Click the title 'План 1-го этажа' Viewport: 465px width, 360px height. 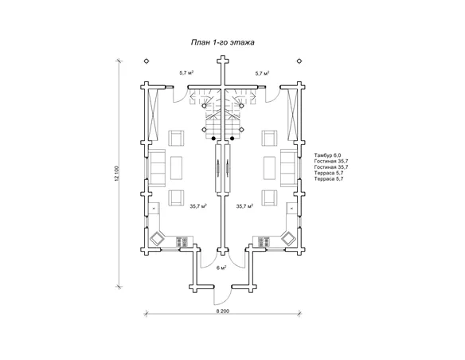pyautogui.click(x=222, y=42)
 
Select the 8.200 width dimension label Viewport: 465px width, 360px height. pyautogui.click(x=223, y=311)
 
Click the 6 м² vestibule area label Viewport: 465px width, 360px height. pyautogui.click(x=221, y=268)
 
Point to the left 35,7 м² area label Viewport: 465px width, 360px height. pyautogui.click(x=198, y=205)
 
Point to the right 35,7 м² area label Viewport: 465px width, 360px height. pyautogui.click(x=244, y=205)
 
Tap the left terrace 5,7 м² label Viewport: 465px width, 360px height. pyautogui.click(x=186, y=72)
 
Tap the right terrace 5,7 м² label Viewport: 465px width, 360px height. pyautogui.click(x=262, y=72)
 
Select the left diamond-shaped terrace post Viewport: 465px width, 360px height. pyautogui.click(x=147, y=61)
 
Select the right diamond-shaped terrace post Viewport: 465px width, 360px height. pyautogui.click(x=299, y=61)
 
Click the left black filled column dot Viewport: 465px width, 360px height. pyautogui.click(x=213, y=139)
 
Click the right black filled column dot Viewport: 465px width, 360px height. pyautogui.click(x=232, y=139)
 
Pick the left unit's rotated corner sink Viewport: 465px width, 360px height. pyautogui.click(x=157, y=238)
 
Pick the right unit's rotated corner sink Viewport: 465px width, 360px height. pyautogui.click(x=288, y=238)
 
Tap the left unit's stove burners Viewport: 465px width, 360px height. pyautogui.click(x=182, y=241)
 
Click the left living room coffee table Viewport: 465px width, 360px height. pyautogui.click(x=177, y=168)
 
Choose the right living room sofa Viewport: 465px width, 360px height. pyautogui.click(x=289, y=168)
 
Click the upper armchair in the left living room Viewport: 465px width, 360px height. pyautogui.click(x=176, y=139)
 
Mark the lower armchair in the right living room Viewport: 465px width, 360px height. pyautogui.click(x=269, y=198)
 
